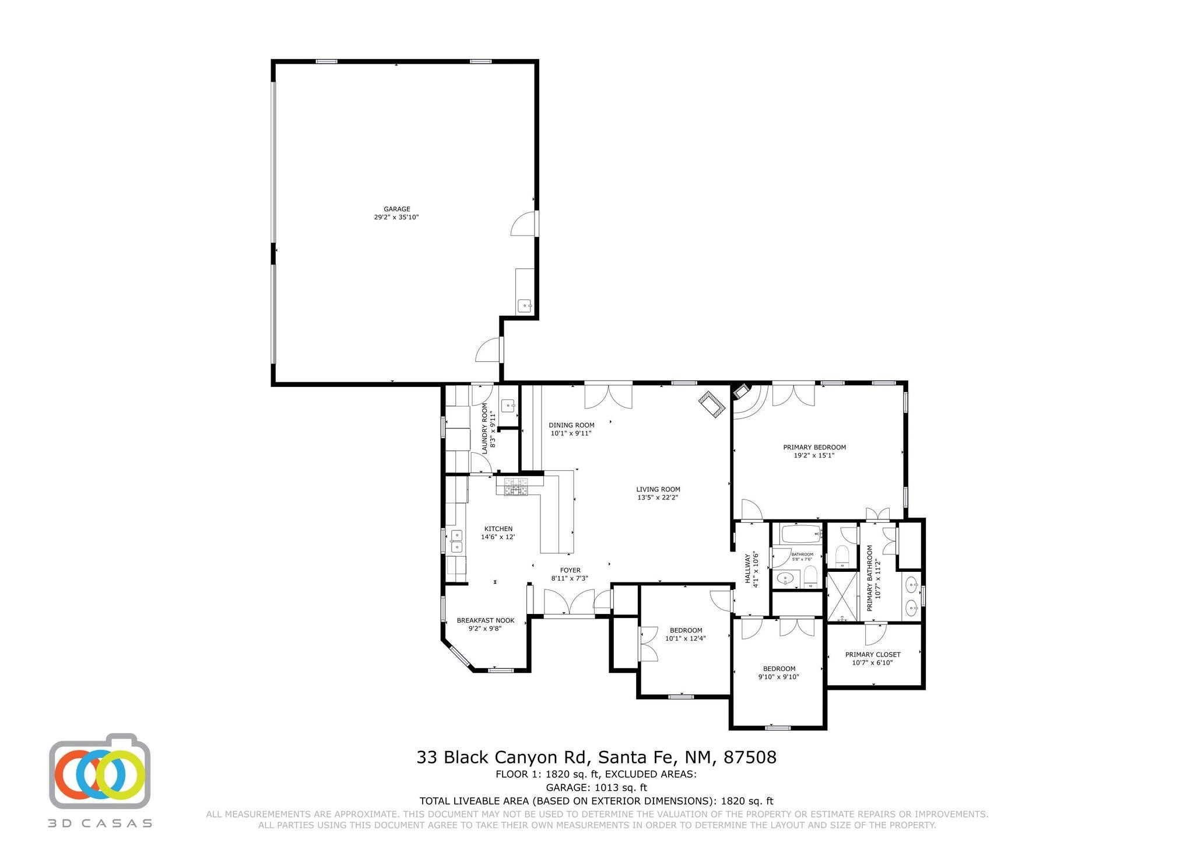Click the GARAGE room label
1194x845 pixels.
click(x=396, y=209)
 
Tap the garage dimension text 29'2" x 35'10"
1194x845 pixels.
click(x=396, y=217)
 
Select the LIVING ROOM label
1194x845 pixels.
click(x=658, y=490)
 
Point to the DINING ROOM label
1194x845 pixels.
click(x=571, y=425)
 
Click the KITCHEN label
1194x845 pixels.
click(x=498, y=529)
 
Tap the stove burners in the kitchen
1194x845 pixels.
click(x=512, y=487)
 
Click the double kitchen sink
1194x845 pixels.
click(x=456, y=540)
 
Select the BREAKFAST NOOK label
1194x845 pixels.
click(x=485, y=620)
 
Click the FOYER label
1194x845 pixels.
click(x=570, y=570)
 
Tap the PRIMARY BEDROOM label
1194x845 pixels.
click(x=814, y=447)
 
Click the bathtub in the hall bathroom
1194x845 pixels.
click(x=801, y=534)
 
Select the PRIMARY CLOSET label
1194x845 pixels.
click(x=873, y=654)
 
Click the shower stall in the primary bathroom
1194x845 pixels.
click(x=842, y=597)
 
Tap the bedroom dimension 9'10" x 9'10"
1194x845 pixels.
click(x=778, y=677)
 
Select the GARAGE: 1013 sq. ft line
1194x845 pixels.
click(x=596, y=787)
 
